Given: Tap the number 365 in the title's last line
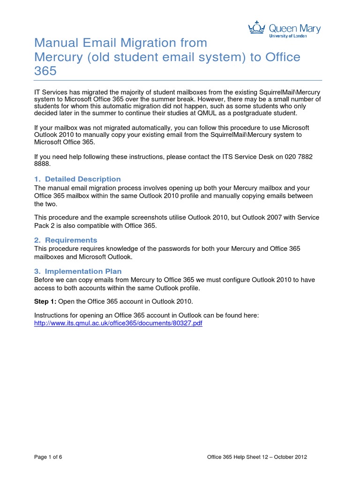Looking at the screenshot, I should point(45,71).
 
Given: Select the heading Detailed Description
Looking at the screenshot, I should point(82,179).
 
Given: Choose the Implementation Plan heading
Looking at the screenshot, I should point(83,271).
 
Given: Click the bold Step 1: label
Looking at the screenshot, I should point(45,301).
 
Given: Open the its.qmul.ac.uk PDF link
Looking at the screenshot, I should point(119,323).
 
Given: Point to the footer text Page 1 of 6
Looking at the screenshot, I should point(48,457).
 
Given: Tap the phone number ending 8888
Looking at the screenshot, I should point(42,165).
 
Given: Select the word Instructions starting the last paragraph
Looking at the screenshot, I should point(52,315).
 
